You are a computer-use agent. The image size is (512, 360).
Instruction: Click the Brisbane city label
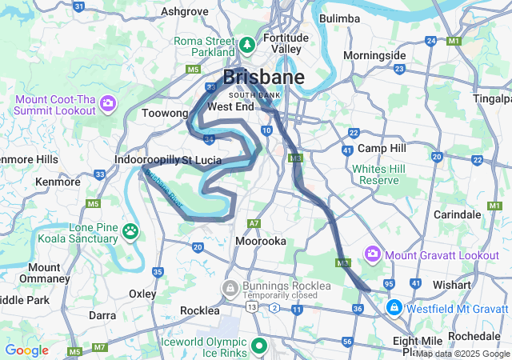263,78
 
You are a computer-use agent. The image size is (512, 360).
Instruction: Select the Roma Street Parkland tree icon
247,43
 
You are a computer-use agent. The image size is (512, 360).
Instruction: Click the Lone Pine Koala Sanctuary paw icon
130,232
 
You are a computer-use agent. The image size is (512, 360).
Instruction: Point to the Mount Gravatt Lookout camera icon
372,254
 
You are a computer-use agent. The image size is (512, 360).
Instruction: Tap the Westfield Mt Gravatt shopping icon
394,307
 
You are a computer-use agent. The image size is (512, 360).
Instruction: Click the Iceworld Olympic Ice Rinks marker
259,346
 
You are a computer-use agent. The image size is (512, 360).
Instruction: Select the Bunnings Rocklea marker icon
230,287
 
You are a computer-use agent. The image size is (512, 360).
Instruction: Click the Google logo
26,350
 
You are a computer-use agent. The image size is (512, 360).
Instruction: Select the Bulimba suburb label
340,18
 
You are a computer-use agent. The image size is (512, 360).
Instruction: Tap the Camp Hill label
382,149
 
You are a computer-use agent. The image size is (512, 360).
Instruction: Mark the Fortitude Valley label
286,43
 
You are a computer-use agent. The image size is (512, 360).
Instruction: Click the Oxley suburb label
142,294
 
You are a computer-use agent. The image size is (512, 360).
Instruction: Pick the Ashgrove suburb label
184,11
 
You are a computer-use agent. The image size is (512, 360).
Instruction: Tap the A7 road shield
254,223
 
